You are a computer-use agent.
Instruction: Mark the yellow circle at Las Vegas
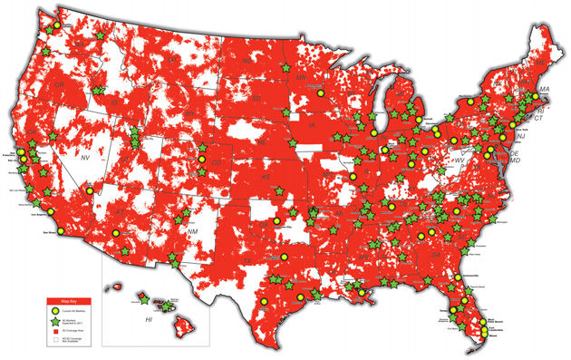89,191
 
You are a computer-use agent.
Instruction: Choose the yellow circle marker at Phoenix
115,232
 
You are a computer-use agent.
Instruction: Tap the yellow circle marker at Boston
541,95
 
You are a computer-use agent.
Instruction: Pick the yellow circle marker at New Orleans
361,291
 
